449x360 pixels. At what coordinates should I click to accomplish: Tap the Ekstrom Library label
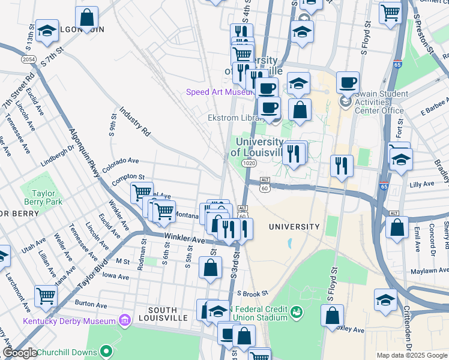(232, 118)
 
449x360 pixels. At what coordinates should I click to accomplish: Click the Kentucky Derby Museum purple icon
(125, 320)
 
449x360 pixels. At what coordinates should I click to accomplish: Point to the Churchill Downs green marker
(106, 350)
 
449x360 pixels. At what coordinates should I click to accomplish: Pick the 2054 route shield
(28, 59)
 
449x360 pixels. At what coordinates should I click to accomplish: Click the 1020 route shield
(250, 163)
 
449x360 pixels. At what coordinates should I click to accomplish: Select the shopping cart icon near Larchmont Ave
(46, 295)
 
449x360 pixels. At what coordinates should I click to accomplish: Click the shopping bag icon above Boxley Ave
(332, 315)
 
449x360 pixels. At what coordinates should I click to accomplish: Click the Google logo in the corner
(20, 353)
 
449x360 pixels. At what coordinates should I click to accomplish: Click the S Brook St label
(252, 294)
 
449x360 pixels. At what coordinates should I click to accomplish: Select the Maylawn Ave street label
(428, 271)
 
